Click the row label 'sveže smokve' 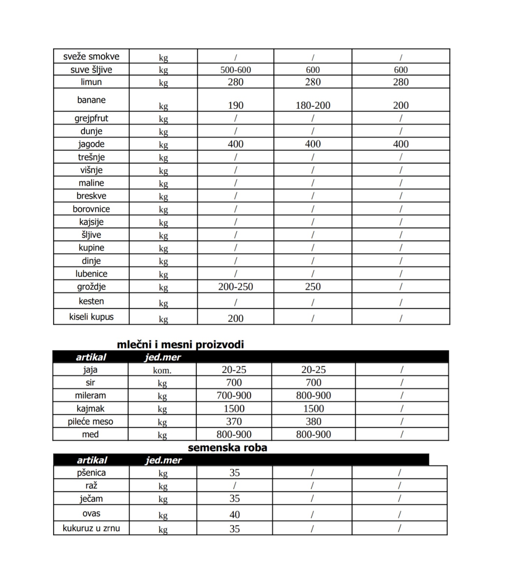tap(91, 56)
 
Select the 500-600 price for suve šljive tap(235, 70)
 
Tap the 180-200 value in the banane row tap(313, 105)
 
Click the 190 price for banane tap(235, 105)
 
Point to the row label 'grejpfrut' tap(91, 118)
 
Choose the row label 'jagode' tap(91, 144)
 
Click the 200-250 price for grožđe tap(235, 287)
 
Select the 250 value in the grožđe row tap(313, 287)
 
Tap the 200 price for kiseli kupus tap(235, 318)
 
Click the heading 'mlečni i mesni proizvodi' tap(180, 344)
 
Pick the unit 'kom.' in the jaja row tap(162, 370)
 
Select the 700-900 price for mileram tap(234, 396)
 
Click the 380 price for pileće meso tap(313, 422)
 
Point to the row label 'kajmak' tap(90, 408)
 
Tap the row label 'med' tap(90, 434)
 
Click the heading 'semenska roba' tap(227, 448)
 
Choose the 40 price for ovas tap(234, 515)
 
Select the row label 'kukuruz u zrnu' tap(91, 528)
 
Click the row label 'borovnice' tap(91, 209)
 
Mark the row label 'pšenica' tap(91, 473)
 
